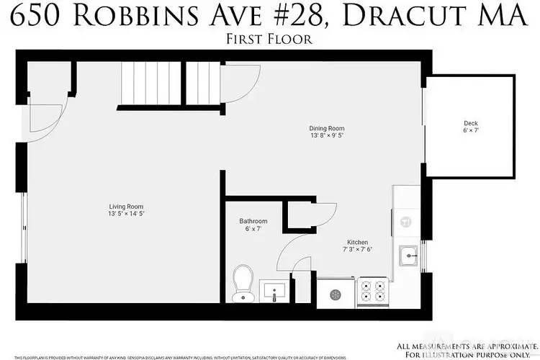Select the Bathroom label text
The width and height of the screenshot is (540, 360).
(x=253, y=221)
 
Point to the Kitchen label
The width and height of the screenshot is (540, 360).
(x=358, y=243)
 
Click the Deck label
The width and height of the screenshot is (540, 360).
(x=470, y=123)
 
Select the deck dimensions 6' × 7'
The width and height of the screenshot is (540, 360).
(x=470, y=131)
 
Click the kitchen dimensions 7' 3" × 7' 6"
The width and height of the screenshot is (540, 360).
(x=358, y=251)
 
